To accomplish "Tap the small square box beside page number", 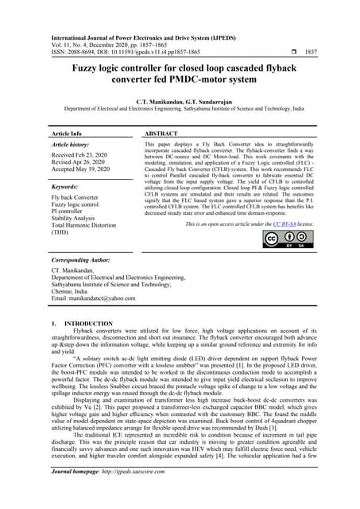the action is click(x=273, y=50).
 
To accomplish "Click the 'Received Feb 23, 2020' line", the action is click(x=83, y=156).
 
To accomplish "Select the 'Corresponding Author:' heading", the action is click(x=85, y=260).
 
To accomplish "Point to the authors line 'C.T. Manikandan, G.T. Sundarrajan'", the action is click(x=180, y=102).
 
